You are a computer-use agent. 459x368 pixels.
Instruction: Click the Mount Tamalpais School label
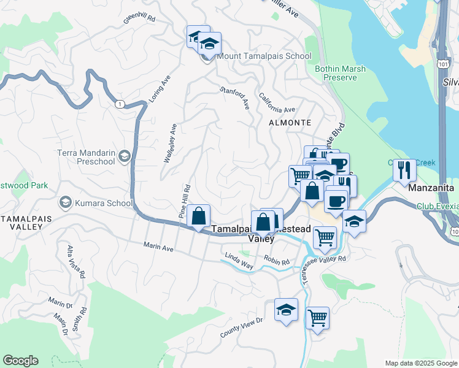coord(264,56)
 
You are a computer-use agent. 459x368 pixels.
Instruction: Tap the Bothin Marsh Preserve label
coord(336,73)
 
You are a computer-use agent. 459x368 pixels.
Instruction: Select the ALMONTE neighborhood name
coord(286,122)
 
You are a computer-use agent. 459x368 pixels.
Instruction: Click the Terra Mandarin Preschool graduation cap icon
coord(125,157)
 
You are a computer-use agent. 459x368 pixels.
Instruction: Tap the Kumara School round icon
coord(65,202)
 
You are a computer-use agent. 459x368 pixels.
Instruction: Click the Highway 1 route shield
coord(118,104)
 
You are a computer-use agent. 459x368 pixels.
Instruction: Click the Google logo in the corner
coord(20,361)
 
